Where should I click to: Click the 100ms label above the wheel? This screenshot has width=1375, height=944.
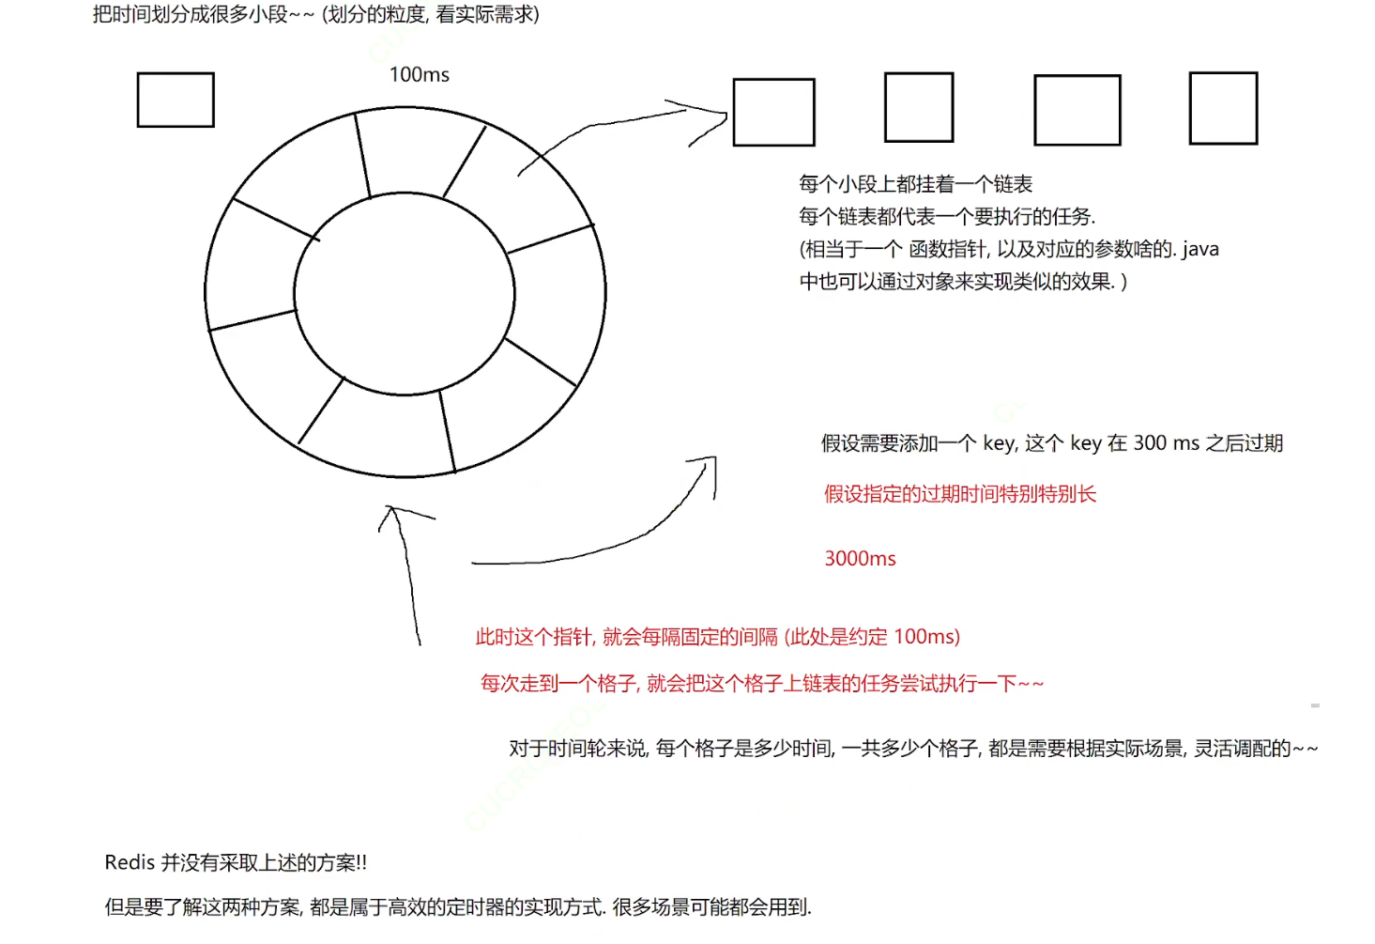419,75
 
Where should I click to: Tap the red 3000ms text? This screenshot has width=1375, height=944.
860,559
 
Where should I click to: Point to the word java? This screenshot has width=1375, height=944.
1199,249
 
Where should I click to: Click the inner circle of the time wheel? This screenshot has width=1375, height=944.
405,294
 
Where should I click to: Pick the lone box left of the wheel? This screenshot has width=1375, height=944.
176,100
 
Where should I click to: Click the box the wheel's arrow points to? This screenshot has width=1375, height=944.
773,113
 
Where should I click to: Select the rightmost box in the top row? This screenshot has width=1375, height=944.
1223,108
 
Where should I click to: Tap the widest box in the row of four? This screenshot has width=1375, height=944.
1077,111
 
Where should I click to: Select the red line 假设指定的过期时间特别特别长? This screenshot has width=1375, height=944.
959,494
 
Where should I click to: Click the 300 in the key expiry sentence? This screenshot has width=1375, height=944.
1150,443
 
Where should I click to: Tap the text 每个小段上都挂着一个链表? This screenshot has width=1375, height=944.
915,184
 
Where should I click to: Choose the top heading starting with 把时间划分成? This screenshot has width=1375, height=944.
315,15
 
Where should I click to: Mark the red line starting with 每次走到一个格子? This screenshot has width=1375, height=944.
761,684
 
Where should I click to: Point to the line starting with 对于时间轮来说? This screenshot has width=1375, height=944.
912,749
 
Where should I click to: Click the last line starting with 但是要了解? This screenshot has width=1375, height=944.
457,907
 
